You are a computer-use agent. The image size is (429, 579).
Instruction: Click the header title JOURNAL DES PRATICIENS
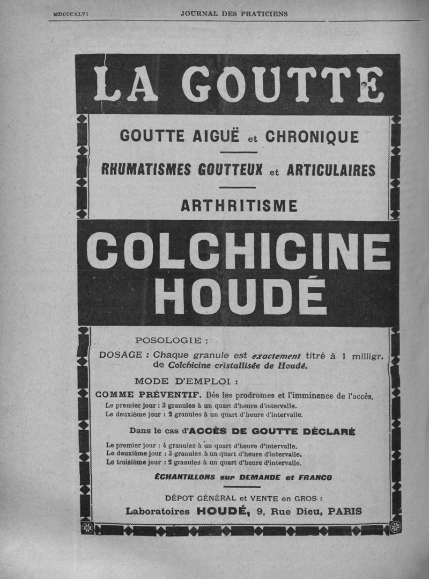[234, 14]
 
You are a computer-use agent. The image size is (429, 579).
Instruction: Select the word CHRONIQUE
[313, 137]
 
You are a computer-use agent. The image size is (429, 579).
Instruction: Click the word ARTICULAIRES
[331, 170]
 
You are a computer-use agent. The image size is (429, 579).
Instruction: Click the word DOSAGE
[121, 355]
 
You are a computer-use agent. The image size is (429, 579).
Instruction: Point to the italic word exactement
[276, 355]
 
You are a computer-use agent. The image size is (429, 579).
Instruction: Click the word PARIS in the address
[344, 511]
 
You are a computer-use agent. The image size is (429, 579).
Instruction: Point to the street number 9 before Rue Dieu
[260, 512]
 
